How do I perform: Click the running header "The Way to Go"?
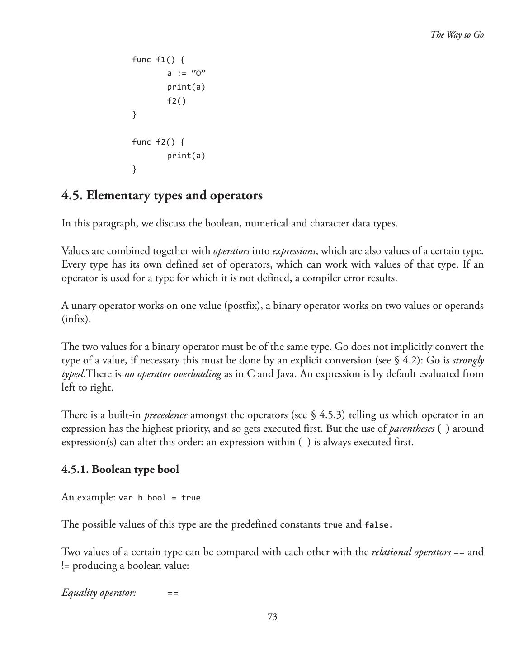coord(457,35)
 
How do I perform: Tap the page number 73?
coord(272,617)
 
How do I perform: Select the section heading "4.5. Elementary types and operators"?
coord(162,195)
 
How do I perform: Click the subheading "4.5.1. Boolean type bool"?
coord(120,469)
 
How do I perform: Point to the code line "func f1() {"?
coord(158,60)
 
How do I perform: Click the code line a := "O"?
coord(186,73)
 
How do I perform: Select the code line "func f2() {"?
coord(158,142)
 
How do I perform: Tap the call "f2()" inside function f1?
coord(176,101)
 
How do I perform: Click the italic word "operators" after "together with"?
coord(231,251)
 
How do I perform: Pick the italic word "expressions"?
coord(294,251)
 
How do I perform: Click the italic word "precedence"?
coord(165,415)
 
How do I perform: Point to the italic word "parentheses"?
coord(411,429)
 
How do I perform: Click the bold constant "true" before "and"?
coord(333,525)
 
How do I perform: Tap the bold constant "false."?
coord(378,525)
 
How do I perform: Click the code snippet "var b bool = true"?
coord(159,498)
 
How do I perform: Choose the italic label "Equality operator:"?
coord(99,593)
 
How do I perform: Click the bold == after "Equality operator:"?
coord(173,593)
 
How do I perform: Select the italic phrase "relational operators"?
coord(411,552)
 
